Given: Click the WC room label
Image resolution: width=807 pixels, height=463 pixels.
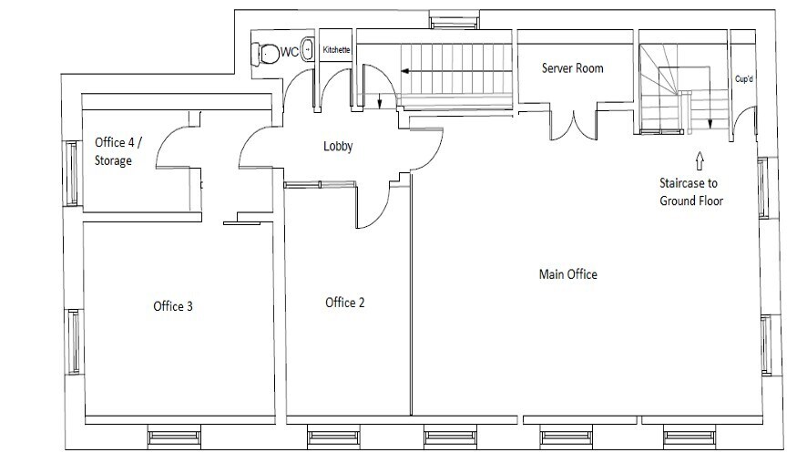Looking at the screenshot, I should [x=289, y=52].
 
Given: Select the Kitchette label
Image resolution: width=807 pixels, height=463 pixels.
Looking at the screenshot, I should [x=336, y=51].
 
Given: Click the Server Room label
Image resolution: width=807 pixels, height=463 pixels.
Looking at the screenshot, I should [x=572, y=68].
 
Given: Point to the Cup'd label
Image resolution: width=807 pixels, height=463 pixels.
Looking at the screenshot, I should [x=744, y=79].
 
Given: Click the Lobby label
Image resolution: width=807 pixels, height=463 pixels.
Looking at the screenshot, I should [x=338, y=146].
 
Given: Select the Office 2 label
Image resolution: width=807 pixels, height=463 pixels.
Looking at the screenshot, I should [x=345, y=303].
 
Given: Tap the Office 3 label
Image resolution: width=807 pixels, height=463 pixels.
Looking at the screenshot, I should [x=172, y=306].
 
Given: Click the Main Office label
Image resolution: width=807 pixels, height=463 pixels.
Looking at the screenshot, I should [x=568, y=274].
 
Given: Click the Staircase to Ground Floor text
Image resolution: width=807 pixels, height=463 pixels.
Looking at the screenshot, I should [x=691, y=191].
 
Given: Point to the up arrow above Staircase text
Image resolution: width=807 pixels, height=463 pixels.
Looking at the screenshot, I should [x=699, y=162].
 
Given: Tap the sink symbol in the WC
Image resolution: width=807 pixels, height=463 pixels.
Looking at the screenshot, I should [x=307, y=51].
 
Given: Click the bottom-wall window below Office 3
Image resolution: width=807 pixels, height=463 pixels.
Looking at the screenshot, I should [x=174, y=437].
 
